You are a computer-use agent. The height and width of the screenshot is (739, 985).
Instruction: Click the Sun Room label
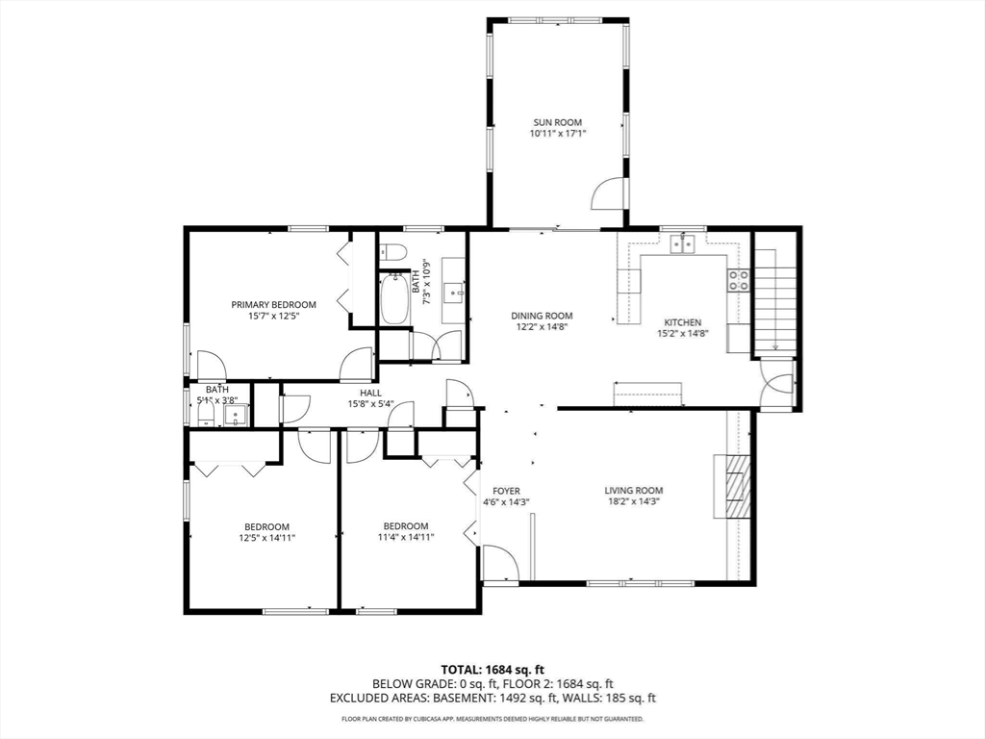tap(557, 122)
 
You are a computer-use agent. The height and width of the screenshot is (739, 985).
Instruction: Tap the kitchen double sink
tap(682, 242)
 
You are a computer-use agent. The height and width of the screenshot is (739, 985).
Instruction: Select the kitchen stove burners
tap(738, 280)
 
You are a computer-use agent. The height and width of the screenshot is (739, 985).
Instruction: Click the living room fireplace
tap(732, 486)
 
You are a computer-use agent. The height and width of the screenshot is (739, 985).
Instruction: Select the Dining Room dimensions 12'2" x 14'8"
tap(542, 327)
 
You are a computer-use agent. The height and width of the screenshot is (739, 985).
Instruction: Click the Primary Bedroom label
tap(273, 305)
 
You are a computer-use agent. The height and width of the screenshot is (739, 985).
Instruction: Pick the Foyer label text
tap(506, 491)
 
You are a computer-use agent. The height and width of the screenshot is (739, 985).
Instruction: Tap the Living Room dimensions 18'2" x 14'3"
tap(633, 501)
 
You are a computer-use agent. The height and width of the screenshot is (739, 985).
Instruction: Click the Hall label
tap(370, 393)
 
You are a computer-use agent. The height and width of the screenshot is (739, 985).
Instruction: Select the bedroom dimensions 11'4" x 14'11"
tap(406, 537)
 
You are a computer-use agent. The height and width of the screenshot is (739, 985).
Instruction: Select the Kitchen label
tap(683, 322)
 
